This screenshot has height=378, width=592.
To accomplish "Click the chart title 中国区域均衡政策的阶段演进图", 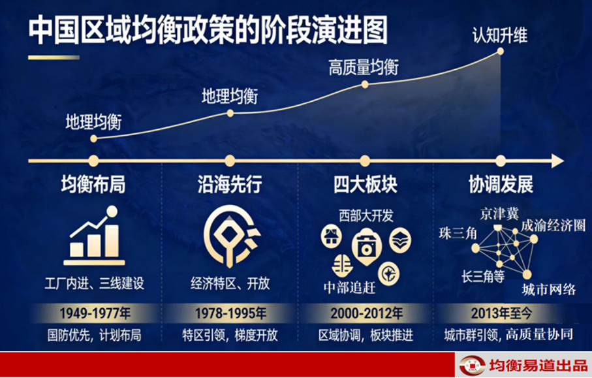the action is tap(208, 30).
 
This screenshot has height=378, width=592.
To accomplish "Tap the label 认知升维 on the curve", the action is tap(500, 36).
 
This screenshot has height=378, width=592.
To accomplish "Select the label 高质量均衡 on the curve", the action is tap(364, 68).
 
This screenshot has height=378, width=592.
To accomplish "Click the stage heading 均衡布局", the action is tap(93, 185).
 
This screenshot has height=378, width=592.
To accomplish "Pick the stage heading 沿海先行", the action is tap(230, 185).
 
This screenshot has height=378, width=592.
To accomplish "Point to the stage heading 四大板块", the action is tap(365, 185).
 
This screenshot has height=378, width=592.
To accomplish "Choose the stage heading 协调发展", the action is tap(501, 185).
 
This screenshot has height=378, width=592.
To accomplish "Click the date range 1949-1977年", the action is tap(95, 313).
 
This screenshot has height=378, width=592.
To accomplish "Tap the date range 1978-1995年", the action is tap(230, 313).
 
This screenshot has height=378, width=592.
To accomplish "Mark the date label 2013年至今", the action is tap(501, 313).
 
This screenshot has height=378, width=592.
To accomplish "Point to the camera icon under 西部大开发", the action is tap(366, 247).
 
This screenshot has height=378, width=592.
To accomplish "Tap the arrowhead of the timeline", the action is tap(557, 161).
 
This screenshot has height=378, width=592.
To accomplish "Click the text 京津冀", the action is tap(499, 214).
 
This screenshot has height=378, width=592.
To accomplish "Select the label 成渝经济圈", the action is tap(553, 225).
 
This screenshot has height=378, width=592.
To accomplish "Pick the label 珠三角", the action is tap(458, 233).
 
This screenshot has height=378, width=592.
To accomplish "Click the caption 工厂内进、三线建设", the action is tap(94, 283).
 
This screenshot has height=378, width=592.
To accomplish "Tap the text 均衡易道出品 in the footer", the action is tap(538, 366).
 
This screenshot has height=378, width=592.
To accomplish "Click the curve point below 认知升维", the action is tap(500, 51).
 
